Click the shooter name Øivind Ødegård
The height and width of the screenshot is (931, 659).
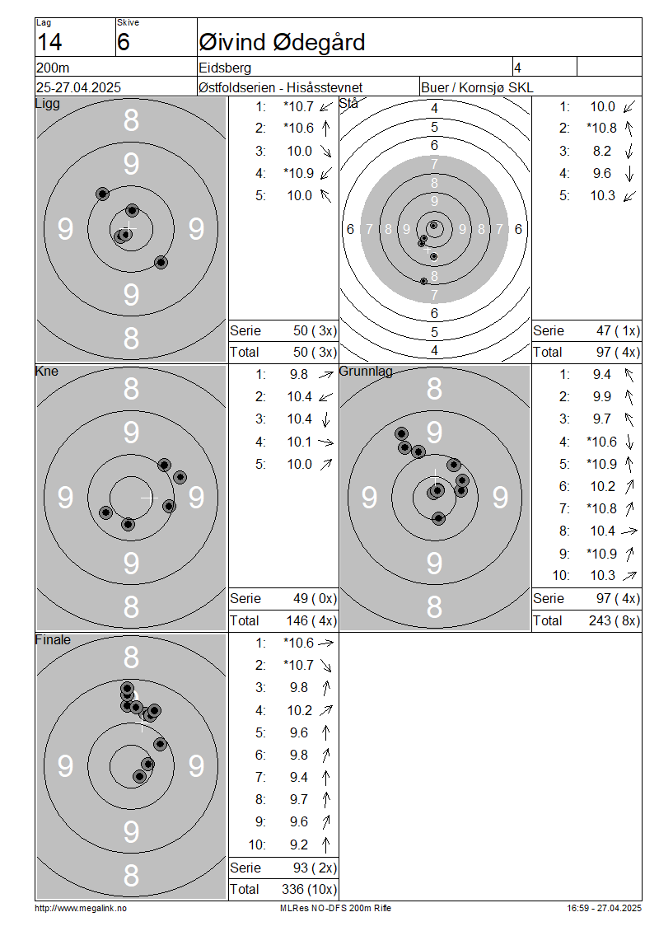tap(282, 42)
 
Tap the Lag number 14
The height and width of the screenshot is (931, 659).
tap(49, 42)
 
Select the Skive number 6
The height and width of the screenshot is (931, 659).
tap(123, 42)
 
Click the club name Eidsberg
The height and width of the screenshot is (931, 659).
tap(225, 68)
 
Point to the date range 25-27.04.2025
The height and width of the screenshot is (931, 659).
tap(78, 87)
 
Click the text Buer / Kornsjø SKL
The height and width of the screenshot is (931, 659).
tap(477, 87)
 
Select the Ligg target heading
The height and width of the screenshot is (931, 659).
tap(48, 104)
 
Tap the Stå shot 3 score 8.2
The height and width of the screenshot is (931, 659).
tap(601, 151)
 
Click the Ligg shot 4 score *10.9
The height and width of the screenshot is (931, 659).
tap(299, 173)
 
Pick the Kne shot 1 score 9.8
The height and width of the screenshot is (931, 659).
tap(299, 375)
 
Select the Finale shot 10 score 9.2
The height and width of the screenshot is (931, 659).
tap(299, 844)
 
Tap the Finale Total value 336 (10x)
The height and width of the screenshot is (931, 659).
tap(309, 889)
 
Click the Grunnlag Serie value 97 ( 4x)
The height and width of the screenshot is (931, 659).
tap(618, 598)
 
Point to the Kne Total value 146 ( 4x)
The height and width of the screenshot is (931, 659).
tap(311, 620)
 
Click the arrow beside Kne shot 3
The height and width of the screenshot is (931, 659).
tap(326, 420)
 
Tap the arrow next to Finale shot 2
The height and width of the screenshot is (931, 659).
tap(326, 665)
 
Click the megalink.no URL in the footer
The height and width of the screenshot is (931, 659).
tap(81, 908)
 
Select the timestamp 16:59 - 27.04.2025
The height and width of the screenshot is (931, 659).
tap(604, 908)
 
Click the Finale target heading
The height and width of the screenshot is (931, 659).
tap(53, 639)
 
